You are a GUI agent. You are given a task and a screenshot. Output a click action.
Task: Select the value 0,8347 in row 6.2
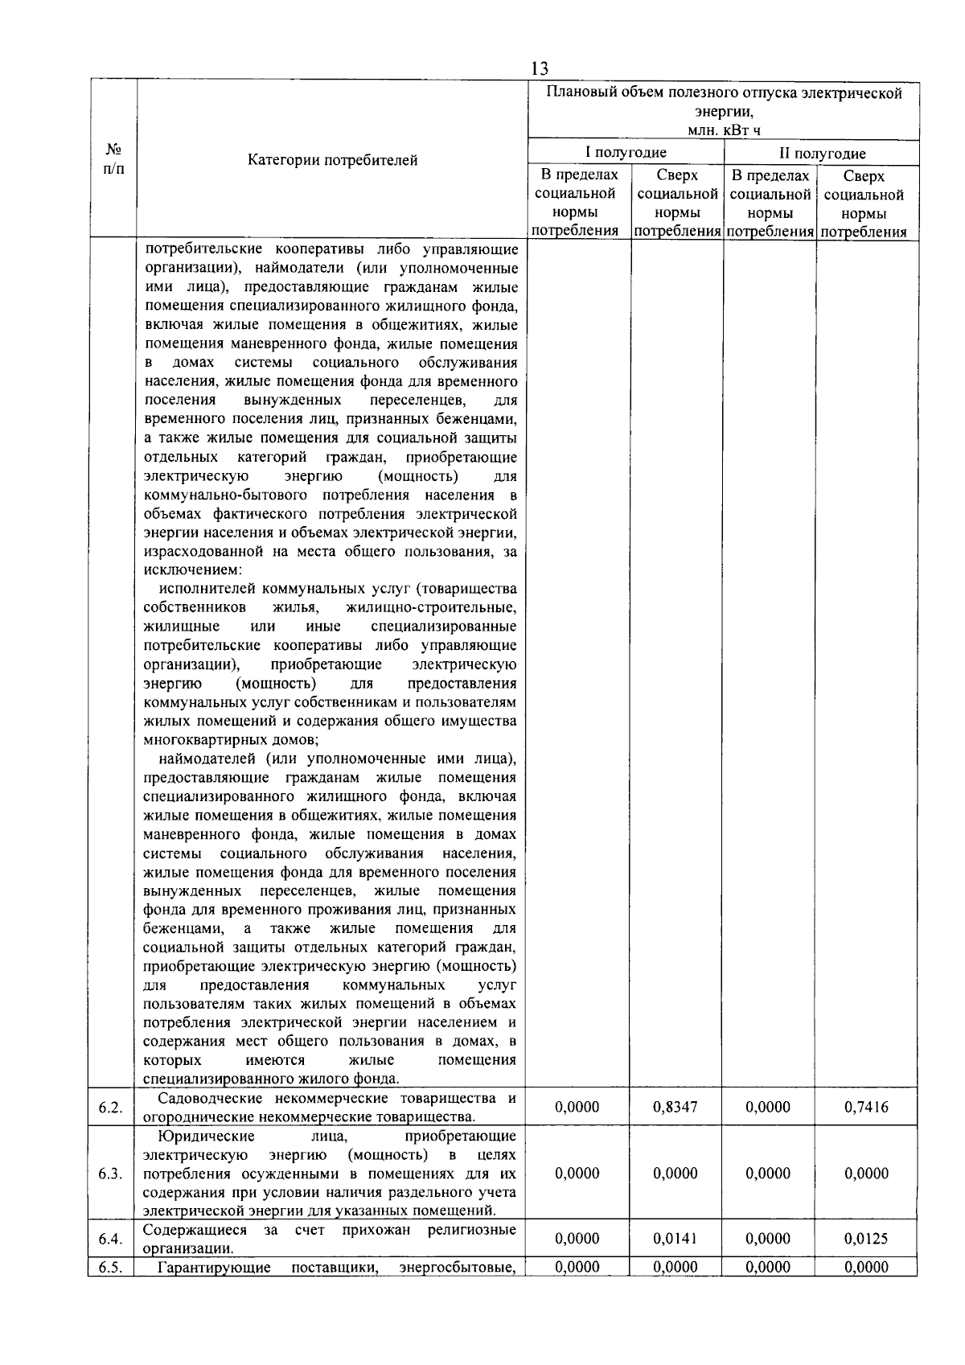pos(675,1107)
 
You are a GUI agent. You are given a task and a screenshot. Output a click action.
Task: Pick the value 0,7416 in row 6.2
pos(866,1107)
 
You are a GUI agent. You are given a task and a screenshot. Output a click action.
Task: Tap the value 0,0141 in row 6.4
pos(675,1239)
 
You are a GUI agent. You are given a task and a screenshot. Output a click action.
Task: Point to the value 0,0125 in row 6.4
pos(866,1239)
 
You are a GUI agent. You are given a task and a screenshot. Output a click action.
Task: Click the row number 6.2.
pos(110,1108)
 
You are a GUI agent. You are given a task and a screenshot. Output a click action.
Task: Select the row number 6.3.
pos(110,1174)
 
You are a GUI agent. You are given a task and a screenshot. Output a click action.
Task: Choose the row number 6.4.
pos(110,1240)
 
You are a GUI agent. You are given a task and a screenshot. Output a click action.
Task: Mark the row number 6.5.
pos(110,1268)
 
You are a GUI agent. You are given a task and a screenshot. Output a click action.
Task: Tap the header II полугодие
pos(821,153)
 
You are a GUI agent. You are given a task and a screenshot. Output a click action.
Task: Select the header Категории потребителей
pos(332,160)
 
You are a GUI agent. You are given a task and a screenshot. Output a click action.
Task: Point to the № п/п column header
pos(113,158)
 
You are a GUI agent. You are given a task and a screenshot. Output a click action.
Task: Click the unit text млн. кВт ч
pos(724,131)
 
